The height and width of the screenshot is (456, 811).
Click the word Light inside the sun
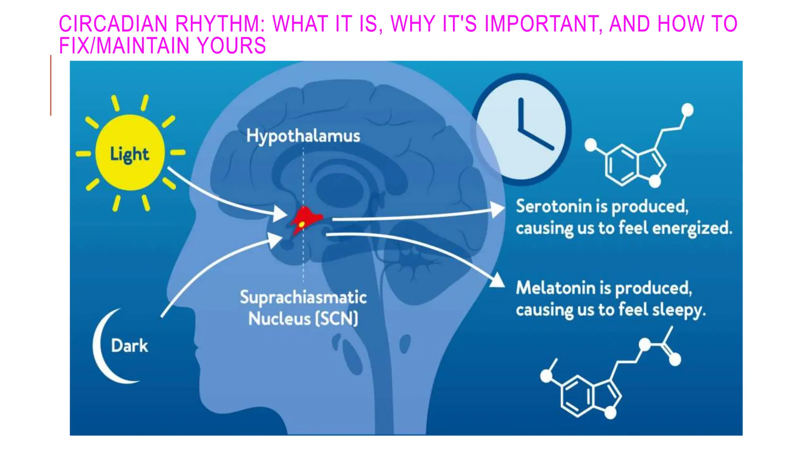coord(129,154)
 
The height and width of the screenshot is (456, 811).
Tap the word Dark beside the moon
coord(129,346)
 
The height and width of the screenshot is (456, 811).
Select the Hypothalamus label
coord(303,136)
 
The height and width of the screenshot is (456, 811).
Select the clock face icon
coord(521,129)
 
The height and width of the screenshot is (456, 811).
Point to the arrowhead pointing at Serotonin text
coord(498,209)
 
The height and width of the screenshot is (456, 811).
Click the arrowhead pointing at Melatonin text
coord(498,280)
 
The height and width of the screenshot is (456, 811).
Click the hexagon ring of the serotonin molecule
coord(621,165)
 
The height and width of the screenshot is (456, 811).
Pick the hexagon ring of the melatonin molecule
coord(577,396)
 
